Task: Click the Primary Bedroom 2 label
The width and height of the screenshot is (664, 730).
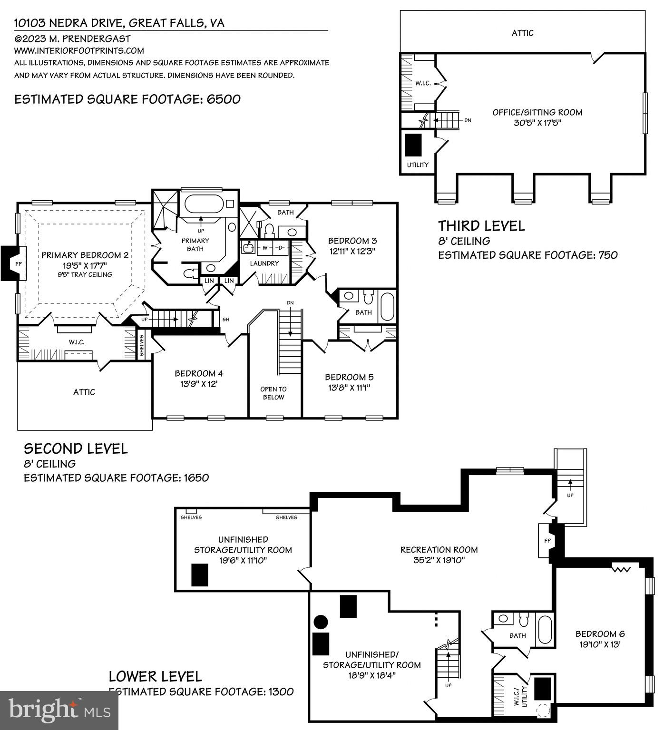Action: pos(85,255)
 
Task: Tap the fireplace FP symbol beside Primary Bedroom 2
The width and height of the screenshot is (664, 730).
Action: pos(18,263)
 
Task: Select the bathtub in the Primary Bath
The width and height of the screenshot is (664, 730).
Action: pos(204,204)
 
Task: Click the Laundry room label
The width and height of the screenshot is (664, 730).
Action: pos(264,263)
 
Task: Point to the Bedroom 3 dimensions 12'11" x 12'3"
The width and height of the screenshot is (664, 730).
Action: pos(352,251)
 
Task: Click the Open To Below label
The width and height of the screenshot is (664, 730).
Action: pos(273,393)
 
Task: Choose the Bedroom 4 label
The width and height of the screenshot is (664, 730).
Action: pos(199,374)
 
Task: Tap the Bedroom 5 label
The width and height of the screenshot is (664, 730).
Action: pos(349,377)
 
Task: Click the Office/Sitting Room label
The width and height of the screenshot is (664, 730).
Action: pos(537,113)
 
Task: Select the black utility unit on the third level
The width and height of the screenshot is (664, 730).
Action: pos(414,145)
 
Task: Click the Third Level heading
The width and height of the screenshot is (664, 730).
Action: pos(481,226)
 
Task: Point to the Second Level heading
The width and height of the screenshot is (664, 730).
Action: pos(76,448)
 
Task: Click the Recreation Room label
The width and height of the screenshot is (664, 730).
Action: pos(439,550)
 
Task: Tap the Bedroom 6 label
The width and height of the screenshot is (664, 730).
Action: pos(600,634)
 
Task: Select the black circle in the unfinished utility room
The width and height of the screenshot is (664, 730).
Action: pos(321,622)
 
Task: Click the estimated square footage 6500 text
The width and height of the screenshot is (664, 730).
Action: pos(127,99)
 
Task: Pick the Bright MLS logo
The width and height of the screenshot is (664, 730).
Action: pos(59,711)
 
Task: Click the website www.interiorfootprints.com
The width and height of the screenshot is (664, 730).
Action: pos(79,50)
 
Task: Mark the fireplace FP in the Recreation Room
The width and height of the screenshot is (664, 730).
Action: pos(547,541)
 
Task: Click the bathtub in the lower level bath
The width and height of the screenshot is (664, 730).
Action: pos(544,630)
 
